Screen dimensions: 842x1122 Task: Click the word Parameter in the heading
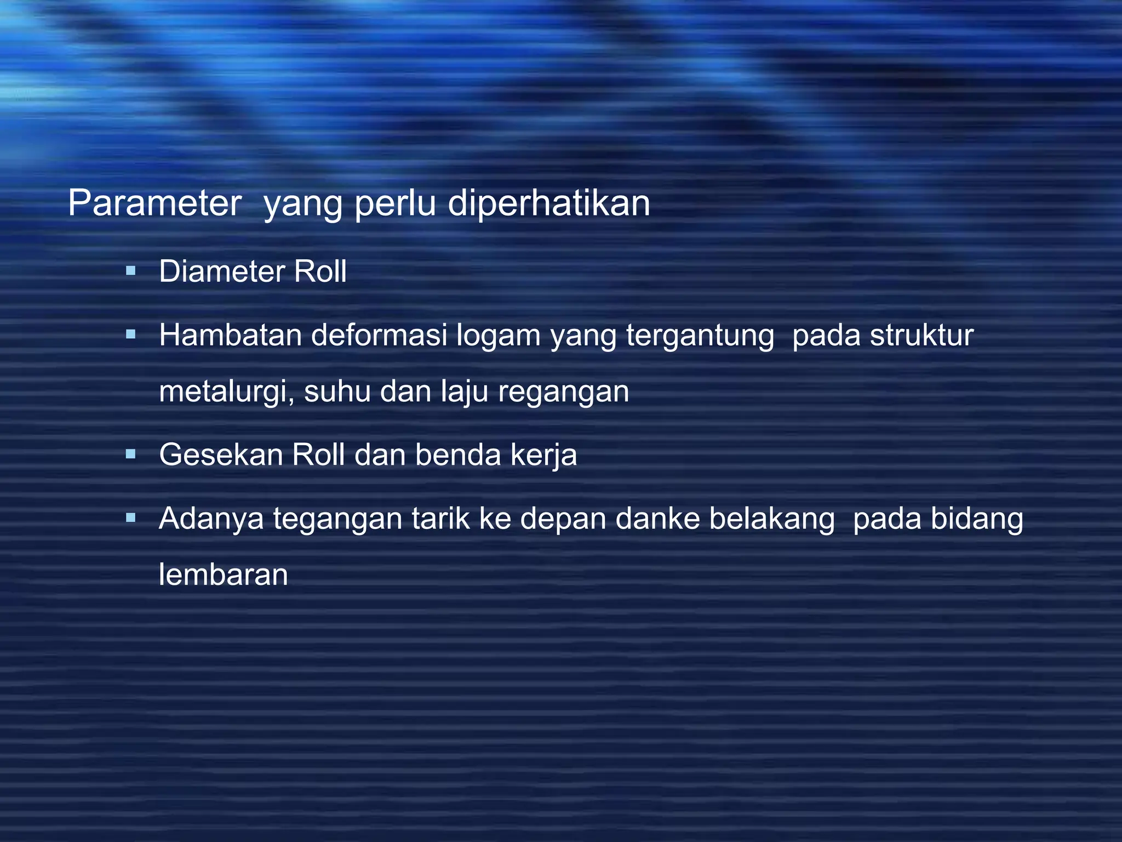click(x=154, y=203)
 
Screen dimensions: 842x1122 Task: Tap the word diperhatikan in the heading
click(x=549, y=203)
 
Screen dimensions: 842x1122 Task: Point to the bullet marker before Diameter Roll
click(x=130, y=270)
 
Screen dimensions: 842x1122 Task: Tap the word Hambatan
click(x=230, y=335)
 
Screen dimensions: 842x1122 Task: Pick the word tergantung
click(x=700, y=336)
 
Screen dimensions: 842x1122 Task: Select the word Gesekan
click(x=221, y=454)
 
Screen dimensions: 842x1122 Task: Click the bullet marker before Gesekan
click(x=130, y=454)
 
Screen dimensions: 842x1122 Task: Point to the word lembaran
click(x=224, y=574)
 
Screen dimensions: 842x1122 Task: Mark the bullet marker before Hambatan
click(x=130, y=334)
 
